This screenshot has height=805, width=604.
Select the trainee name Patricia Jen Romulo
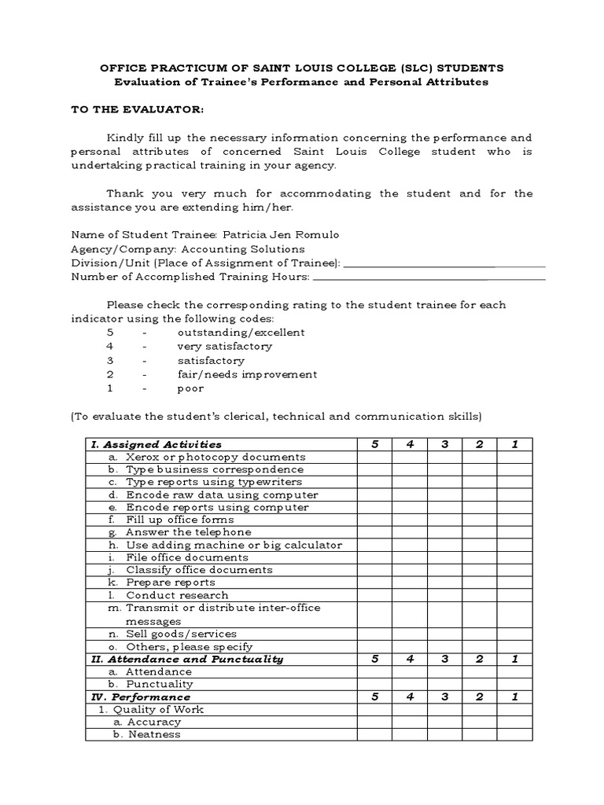point(282,235)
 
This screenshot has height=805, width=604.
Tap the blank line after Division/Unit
point(444,263)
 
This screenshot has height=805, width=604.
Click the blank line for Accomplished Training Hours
point(429,277)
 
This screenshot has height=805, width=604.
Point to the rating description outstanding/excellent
point(241,332)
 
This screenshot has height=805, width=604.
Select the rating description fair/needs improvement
point(247,374)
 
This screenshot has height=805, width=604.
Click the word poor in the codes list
point(190,388)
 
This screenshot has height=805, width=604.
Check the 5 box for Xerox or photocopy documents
point(374,457)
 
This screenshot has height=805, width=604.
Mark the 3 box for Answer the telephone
point(444,532)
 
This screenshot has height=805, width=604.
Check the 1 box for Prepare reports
point(514,583)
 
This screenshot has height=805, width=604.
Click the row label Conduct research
point(177,595)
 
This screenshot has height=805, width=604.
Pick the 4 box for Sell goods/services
point(410,634)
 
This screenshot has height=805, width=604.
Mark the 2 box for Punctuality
point(479,684)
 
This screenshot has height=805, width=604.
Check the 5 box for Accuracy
point(374,722)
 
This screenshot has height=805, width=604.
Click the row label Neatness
point(154,734)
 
